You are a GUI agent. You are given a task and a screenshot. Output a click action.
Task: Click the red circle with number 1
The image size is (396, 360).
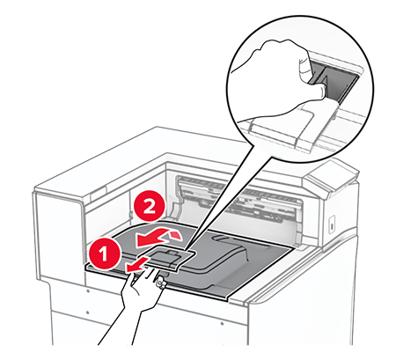tap(105, 253)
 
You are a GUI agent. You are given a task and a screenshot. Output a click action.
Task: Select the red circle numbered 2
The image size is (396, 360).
tap(150, 208)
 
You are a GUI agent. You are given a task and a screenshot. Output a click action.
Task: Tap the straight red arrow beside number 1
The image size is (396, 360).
tap(136, 263)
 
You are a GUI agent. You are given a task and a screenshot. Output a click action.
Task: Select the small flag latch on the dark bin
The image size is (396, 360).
tap(168, 257)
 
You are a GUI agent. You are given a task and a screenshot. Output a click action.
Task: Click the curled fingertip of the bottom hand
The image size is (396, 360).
tap(160, 283)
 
